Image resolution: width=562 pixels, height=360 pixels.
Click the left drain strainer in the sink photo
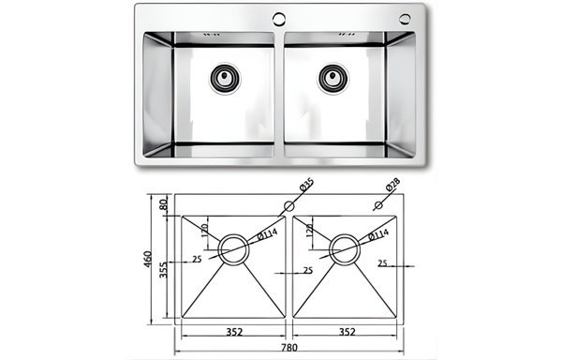[x=225, y=78]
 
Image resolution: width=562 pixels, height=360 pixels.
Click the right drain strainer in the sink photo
[x=333, y=78]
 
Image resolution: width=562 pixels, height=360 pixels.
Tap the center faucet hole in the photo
[x=279, y=19]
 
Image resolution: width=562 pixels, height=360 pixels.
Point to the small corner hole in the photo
[x=406, y=19]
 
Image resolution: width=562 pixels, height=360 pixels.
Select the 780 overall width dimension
[x=289, y=348]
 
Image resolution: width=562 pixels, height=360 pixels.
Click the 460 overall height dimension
[x=148, y=260]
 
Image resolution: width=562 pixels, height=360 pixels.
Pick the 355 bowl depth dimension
[x=163, y=270]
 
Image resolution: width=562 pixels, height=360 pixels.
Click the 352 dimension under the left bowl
[x=234, y=332]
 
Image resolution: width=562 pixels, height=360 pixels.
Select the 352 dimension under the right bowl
[x=347, y=332]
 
